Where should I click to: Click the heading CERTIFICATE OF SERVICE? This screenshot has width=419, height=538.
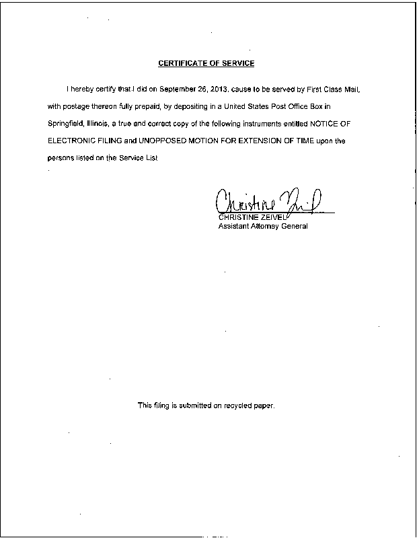[x=206, y=64]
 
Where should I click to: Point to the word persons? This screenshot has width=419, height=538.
[x=61, y=159]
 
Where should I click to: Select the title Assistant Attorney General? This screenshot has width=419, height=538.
[x=263, y=227]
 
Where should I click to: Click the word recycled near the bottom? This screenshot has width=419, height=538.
[x=238, y=406]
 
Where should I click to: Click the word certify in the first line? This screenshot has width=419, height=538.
[x=106, y=89]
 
